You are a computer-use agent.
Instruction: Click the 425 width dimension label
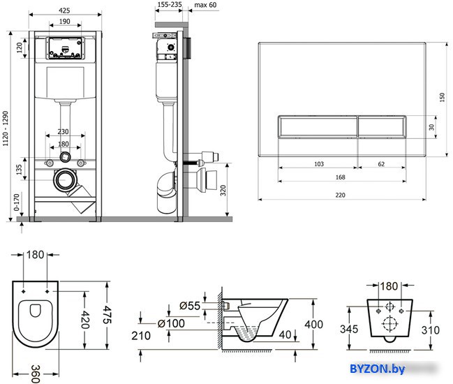[x=64, y=10]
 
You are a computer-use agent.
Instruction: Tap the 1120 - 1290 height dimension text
[x=6, y=128]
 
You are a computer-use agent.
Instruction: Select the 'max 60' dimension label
[x=205, y=5]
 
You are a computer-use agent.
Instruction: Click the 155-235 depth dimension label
[x=170, y=4]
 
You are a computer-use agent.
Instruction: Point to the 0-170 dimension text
[x=17, y=202]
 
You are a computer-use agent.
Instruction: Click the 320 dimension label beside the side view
[x=223, y=191]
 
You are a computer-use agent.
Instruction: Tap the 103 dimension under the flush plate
[x=319, y=164]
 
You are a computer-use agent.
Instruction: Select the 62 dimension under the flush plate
[x=381, y=164]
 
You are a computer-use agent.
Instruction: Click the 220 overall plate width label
[x=341, y=195]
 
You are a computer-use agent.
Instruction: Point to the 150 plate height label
[x=442, y=97]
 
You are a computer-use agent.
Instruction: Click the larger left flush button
[x=318, y=127]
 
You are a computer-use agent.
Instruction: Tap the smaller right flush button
[x=383, y=127]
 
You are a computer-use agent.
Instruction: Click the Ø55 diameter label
[x=190, y=306]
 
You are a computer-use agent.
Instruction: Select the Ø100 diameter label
[x=171, y=323]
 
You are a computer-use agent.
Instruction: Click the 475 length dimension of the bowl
[x=107, y=314]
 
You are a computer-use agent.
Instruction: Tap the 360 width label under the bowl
[x=35, y=374]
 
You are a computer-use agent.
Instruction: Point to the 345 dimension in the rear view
[x=349, y=329]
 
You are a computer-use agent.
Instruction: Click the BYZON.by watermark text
[x=378, y=369]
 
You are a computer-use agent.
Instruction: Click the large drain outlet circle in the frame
[x=65, y=180]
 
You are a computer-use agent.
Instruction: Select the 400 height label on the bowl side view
[x=313, y=325]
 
